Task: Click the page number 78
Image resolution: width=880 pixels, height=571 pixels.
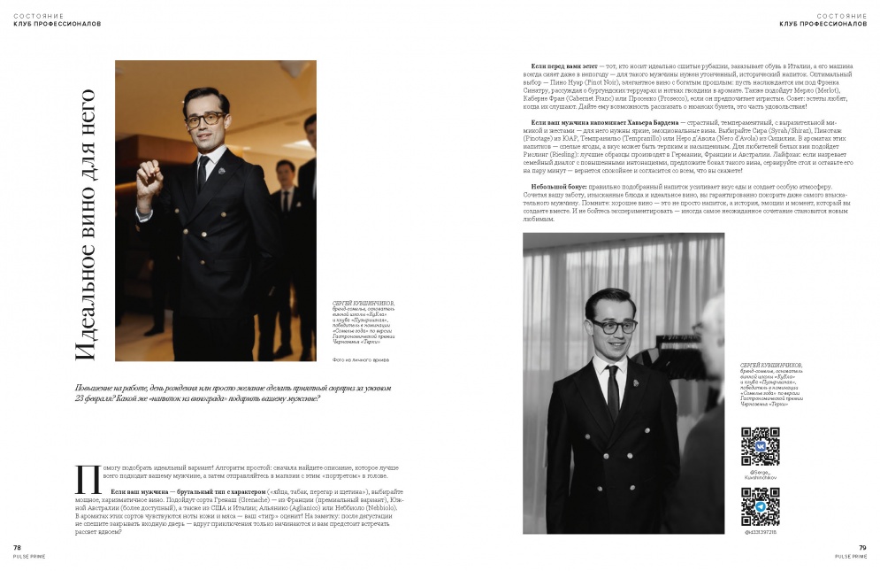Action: (17, 548)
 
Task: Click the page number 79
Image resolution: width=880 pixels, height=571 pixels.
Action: (861, 548)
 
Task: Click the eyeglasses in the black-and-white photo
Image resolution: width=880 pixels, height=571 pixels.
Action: (610, 327)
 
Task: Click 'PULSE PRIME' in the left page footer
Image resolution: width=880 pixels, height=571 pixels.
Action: (28, 556)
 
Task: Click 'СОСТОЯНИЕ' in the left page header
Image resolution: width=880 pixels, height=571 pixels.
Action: (34, 15)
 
